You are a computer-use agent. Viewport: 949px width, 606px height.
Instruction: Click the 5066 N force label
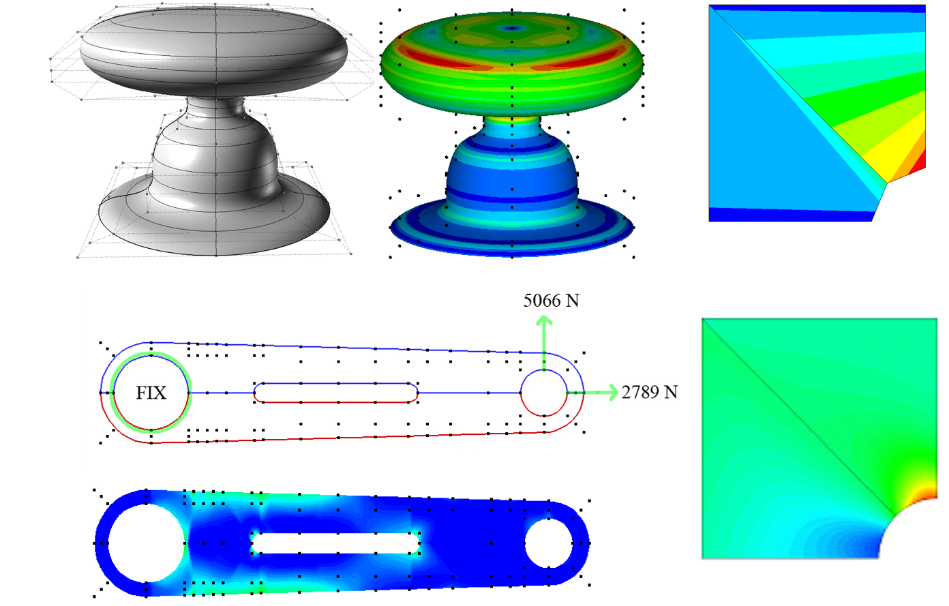tap(551, 301)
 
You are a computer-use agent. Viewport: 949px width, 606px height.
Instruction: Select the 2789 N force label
tap(650, 393)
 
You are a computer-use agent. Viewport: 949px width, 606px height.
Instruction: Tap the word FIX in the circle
tap(151, 393)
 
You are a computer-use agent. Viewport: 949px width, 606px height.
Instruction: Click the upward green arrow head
tap(545, 320)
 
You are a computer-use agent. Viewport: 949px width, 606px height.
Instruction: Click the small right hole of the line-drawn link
tap(544, 393)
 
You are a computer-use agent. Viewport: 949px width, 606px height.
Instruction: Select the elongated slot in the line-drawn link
tap(336, 393)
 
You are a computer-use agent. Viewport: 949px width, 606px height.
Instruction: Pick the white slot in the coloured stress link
tap(335, 543)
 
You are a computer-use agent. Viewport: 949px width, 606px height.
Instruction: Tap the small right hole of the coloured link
tap(549, 543)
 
